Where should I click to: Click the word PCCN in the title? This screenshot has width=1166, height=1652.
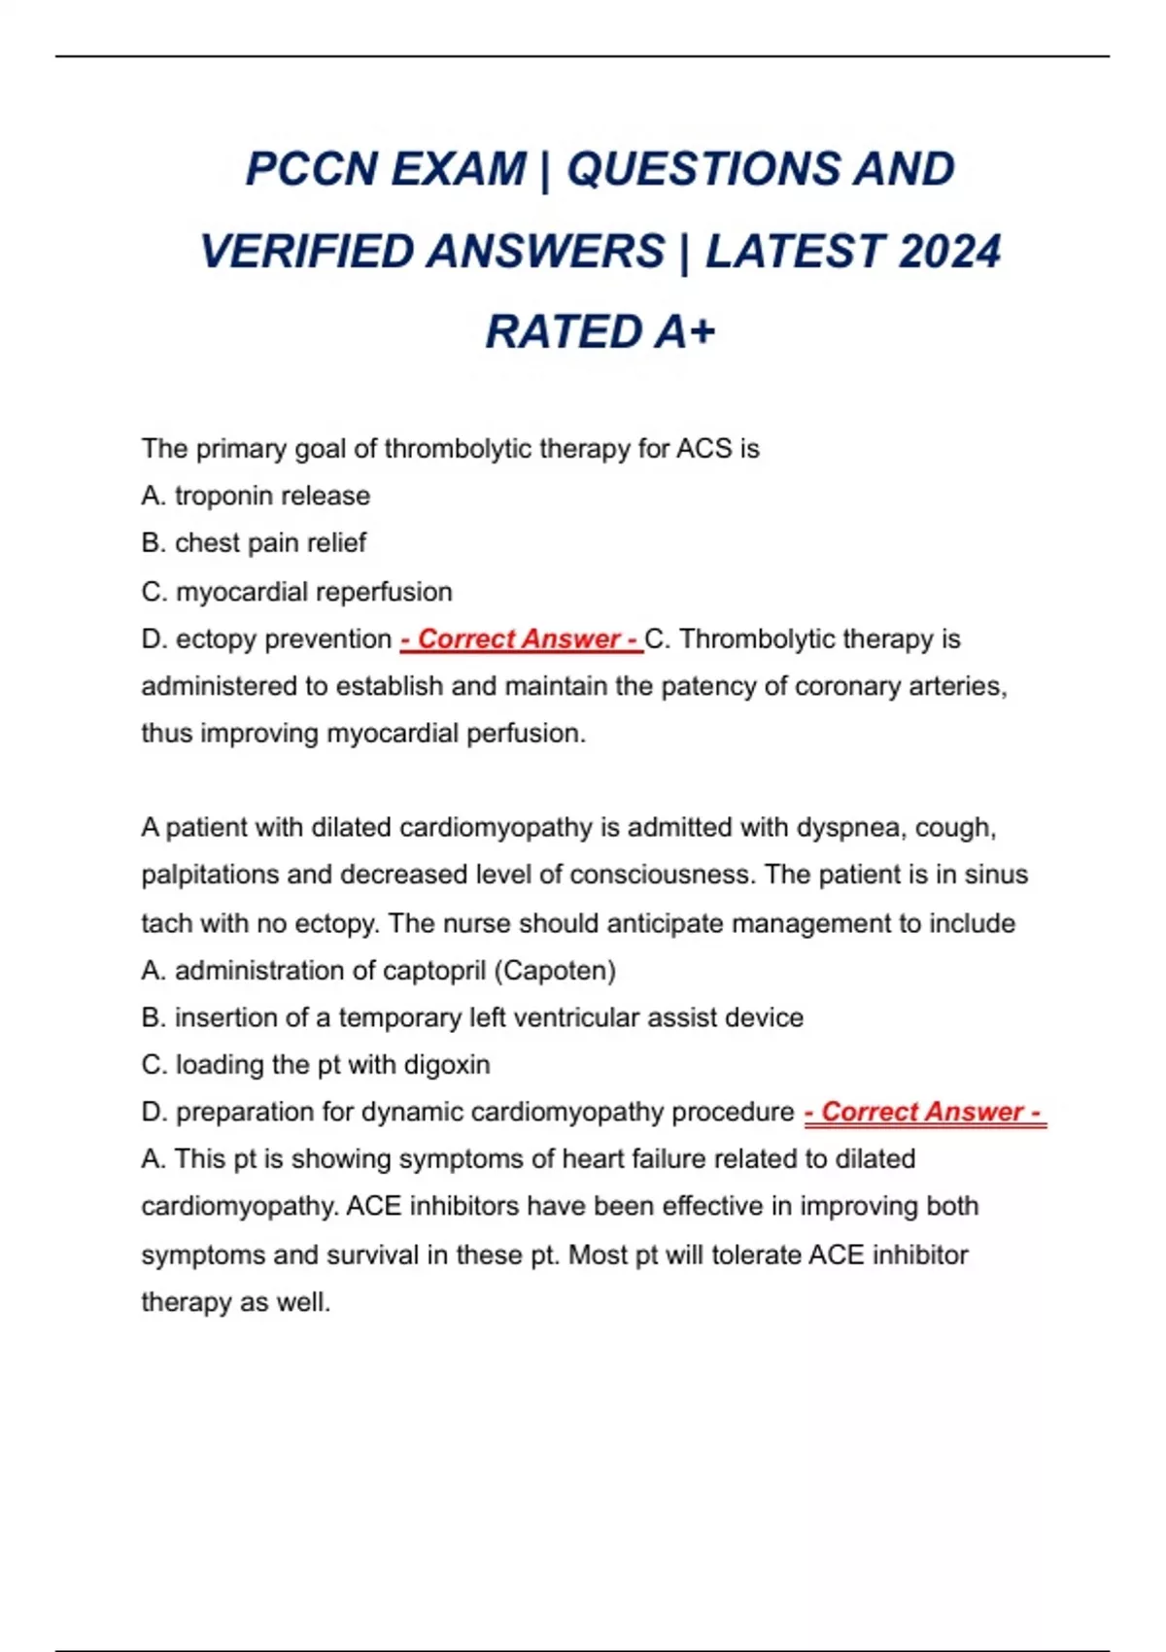310,169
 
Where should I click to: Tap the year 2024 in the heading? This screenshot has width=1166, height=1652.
949,252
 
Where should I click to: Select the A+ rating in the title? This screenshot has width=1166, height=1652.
684,332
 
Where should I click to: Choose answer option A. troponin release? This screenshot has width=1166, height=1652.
256,496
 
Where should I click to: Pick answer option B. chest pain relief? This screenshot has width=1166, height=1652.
254,543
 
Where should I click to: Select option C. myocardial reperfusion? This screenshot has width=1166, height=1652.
296,592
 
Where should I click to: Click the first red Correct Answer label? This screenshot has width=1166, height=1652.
521,639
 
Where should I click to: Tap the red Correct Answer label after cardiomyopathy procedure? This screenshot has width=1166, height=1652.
924,1112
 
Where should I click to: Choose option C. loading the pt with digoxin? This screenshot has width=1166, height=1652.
315,1065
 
